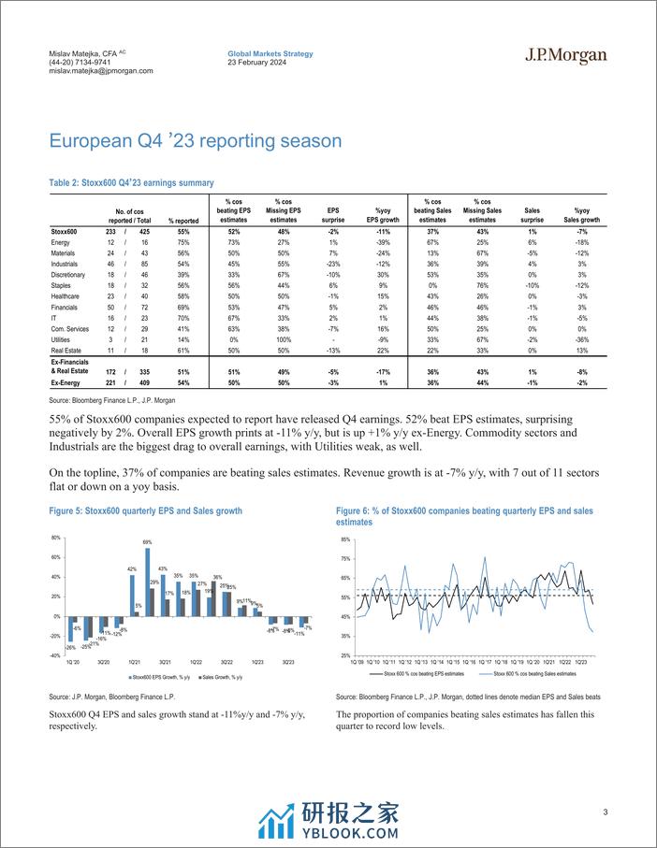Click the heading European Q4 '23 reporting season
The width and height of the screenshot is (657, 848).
(196, 141)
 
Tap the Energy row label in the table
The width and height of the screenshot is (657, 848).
(62, 243)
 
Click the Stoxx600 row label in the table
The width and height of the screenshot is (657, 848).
(66, 231)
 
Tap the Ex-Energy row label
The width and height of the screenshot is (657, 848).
(67, 382)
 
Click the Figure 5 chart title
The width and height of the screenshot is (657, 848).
(145, 511)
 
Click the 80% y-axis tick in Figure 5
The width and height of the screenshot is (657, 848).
(55, 538)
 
